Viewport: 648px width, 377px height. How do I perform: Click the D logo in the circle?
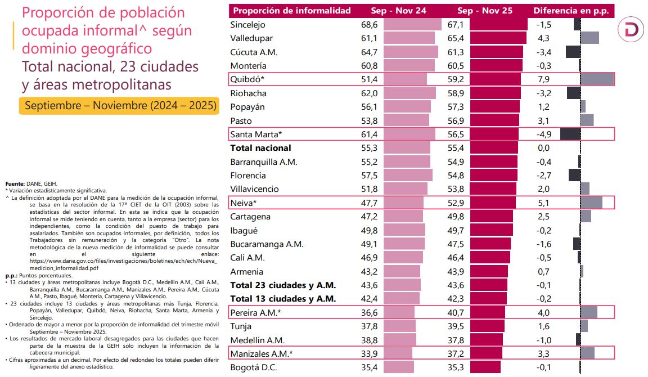(631, 30)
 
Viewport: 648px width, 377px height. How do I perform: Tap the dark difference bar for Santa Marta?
(570, 134)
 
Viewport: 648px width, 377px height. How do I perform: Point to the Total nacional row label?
(261, 148)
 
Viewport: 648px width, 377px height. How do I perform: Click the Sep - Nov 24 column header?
(398, 11)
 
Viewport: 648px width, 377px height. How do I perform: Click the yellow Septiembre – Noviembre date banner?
(119, 106)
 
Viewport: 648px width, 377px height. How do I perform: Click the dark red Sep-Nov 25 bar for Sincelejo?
(498, 25)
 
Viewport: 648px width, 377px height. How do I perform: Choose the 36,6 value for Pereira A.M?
(369, 312)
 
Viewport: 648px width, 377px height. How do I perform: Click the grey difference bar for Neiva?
(591, 203)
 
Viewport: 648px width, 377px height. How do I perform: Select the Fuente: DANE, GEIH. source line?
(31, 184)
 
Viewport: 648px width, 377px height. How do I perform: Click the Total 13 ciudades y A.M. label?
(283, 299)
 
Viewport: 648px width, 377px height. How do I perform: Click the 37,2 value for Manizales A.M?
(456, 354)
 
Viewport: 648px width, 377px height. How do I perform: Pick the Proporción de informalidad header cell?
(292, 11)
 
